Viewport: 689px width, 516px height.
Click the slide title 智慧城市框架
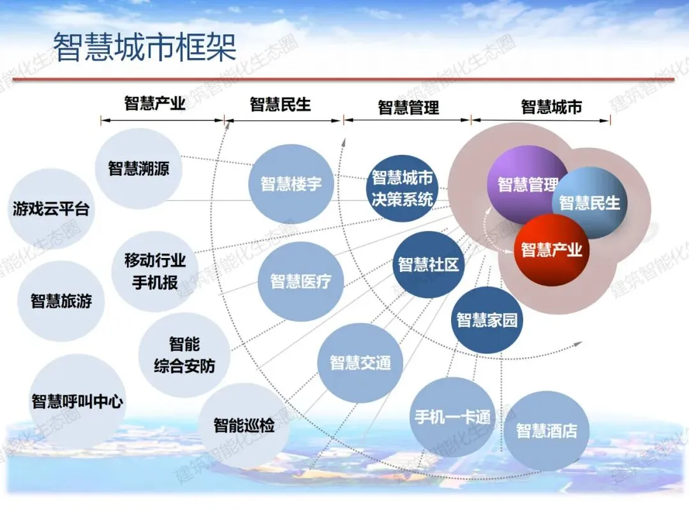144,48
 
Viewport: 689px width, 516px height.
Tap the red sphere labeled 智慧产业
551,250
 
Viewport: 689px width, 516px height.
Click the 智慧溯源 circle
138,169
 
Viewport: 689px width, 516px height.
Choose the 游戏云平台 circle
51,209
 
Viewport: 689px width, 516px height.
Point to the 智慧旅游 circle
61,301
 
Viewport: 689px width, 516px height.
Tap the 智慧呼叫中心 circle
77,401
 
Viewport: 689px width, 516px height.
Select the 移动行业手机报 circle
155,271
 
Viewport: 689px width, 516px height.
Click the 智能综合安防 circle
184,355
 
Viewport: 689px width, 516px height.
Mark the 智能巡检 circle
244,425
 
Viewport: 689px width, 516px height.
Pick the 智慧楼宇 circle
291,185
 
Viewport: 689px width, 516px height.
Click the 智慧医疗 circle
300,281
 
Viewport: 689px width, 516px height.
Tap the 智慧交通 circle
360,363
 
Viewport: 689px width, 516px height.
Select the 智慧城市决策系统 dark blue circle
403,188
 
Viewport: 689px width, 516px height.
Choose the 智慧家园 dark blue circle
487,320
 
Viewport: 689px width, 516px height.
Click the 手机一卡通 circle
452,417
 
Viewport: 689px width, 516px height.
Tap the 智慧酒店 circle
546,431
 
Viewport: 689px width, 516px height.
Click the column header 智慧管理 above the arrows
408,107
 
